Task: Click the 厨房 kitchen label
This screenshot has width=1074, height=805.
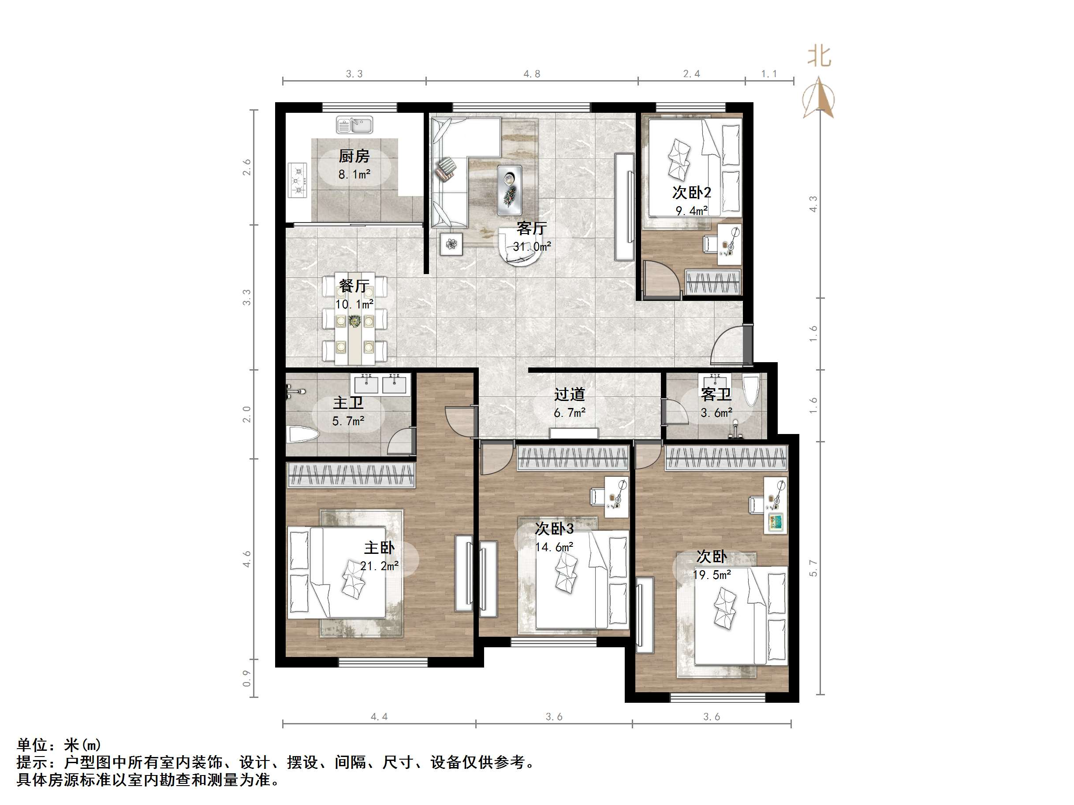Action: click(354, 156)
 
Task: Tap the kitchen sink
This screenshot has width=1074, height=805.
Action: click(354, 125)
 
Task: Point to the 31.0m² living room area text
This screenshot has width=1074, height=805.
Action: click(532, 246)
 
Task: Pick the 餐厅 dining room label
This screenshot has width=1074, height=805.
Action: click(354, 286)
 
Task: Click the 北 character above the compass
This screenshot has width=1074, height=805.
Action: click(820, 57)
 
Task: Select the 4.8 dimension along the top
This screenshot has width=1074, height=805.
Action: click(532, 74)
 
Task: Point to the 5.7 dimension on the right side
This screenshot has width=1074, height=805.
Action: click(813, 568)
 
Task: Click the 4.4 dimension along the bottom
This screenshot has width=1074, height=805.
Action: click(379, 717)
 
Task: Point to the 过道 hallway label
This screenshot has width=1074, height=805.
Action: click(570, 394)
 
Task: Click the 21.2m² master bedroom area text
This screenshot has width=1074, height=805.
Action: click(380, 566)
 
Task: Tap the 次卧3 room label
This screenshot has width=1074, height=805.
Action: click(554, 528)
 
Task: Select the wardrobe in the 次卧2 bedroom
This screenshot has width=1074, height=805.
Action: click(713, 282)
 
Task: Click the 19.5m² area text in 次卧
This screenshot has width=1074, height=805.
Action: click(712, 575)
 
